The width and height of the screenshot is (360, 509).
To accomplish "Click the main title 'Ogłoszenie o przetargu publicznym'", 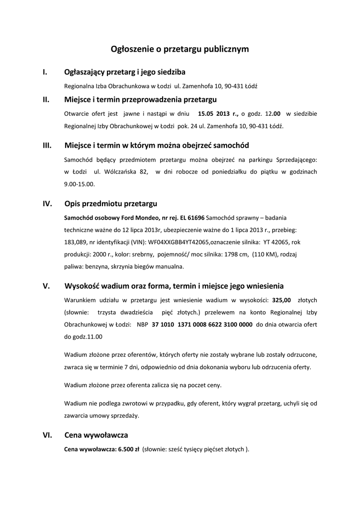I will click(180, 49).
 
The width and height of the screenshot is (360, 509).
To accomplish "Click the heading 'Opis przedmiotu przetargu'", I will click(111, 204).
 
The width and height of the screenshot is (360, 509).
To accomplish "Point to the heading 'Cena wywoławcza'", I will click(96, 435).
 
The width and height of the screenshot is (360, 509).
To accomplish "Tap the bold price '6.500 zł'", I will click(128, 449).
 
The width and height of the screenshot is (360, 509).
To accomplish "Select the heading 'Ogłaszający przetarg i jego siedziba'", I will click(125, 72).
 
